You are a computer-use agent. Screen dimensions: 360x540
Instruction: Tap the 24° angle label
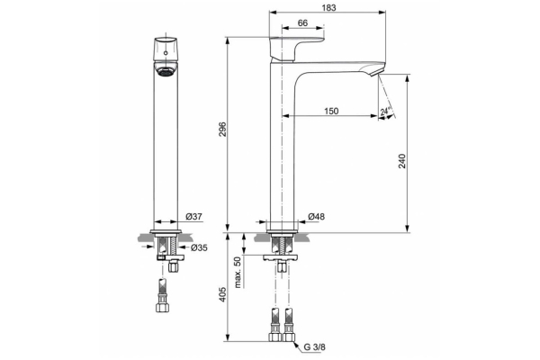[x=386, y=112]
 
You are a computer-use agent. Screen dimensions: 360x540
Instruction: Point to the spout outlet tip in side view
[x=378, y=74]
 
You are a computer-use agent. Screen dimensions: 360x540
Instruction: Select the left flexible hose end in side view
[x=273, y=326]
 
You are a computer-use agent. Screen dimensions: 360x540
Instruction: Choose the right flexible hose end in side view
[x=288, y=326]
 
